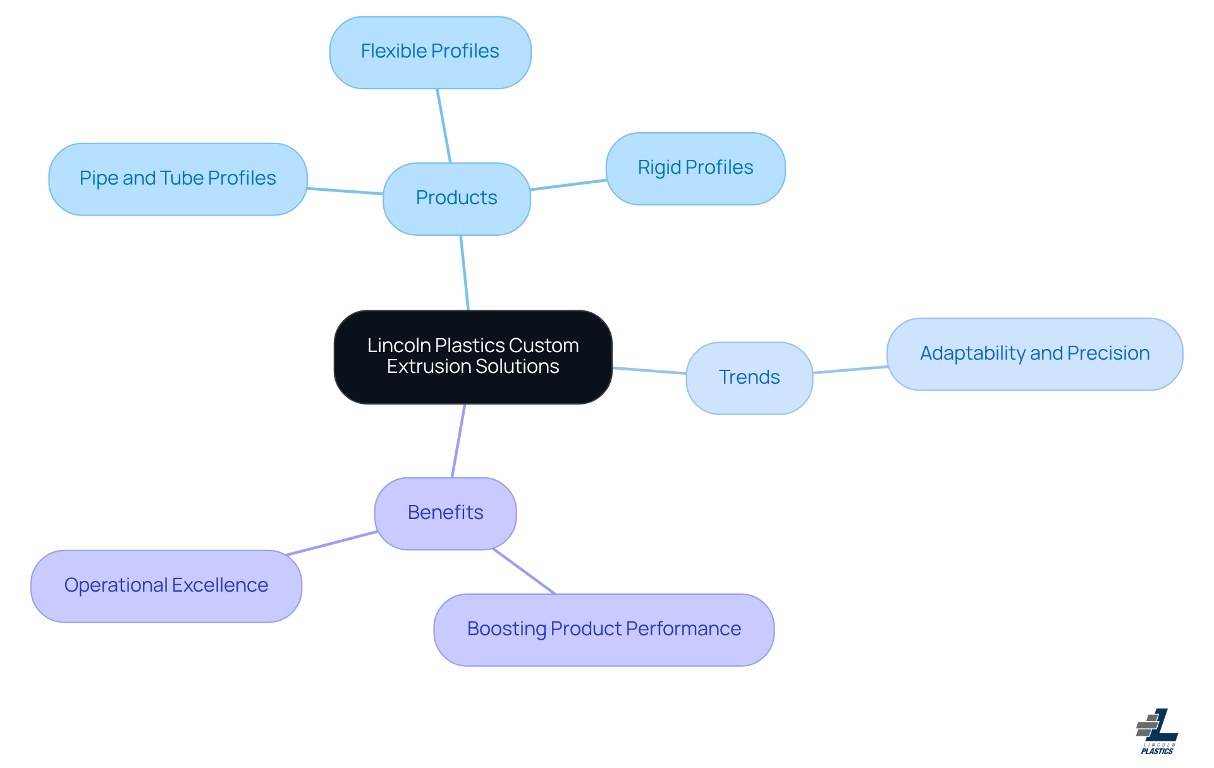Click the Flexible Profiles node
click(430, 52)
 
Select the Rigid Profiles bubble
click(696, 168)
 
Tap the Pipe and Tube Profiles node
click(178, 179)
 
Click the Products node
click(457, 198)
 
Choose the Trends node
click(749, 378)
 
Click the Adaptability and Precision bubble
click(1034, 354)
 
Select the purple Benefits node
click(445, 513)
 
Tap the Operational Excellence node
click(166, 586)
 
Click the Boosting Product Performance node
click(604, 630)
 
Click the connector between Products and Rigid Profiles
click(568, 185)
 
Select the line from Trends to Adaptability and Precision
click(850, 370)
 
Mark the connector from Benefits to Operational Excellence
click(332, 543)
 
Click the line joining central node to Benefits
click(458, 441)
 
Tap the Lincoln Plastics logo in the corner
click(1157, 731)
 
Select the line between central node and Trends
click(649, 370)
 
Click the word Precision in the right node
click(1108, 353)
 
